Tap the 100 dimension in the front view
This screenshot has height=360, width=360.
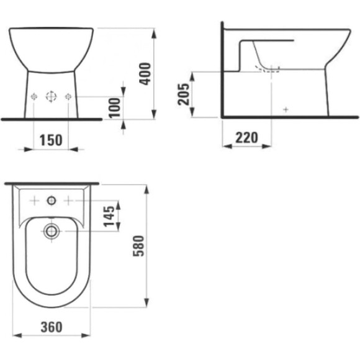tap(113, 107)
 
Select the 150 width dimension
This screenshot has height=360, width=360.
tap(51, 140)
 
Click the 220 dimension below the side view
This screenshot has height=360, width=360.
tap(246, 138)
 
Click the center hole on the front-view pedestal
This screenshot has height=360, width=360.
tap(52, 96)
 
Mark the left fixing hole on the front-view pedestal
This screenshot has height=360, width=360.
tap(35, 96)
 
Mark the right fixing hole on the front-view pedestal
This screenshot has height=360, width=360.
tap(68, 96)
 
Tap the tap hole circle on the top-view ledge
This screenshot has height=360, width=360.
tap(51, 200)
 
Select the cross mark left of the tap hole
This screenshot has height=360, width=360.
tap(35, 200)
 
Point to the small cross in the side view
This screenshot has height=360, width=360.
tap(286, 109)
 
